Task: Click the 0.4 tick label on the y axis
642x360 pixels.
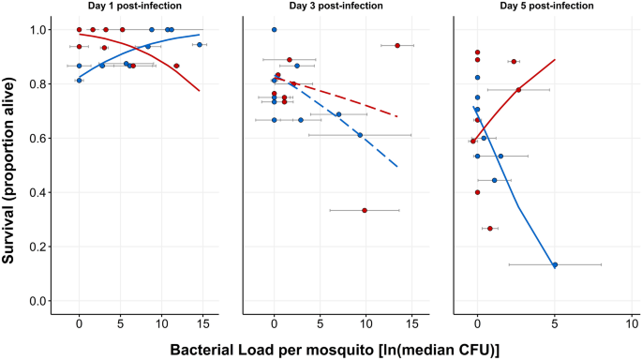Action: pos(37,192)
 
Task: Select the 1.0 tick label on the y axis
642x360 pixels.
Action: pos(37,30)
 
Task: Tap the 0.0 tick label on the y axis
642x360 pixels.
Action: pos(37,301)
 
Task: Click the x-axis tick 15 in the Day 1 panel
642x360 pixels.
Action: pos(202,324)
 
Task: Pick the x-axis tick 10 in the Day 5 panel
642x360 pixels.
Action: pos(632,324)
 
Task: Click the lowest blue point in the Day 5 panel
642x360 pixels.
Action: pos(555,264)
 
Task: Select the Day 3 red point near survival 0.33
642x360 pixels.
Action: pos(365,210)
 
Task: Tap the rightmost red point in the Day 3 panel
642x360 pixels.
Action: pos(397,45)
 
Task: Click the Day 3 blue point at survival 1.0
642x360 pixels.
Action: pos(274,30)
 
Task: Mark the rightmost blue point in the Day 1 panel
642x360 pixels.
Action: pos(200,44)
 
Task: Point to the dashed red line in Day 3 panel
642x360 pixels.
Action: pos(356,101)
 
